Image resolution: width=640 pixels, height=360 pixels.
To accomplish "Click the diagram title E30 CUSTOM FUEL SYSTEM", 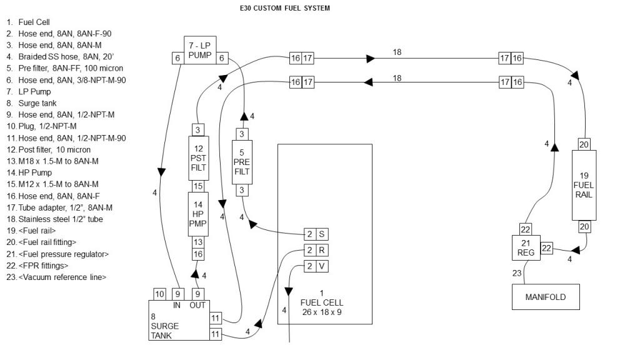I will click(280, 8).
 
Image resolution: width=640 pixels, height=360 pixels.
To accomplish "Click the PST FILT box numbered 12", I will click(197, 159).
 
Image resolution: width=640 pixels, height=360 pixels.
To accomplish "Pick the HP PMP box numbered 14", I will click(197, 214).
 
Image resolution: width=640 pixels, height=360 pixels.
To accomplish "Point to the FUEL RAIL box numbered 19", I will click(584, 185).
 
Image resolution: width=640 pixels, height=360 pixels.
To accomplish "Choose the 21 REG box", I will click(524, 249).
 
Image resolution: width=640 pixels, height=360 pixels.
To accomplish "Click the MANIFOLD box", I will click(545, 297).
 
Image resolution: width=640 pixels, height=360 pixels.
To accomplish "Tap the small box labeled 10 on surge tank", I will click(160, 294).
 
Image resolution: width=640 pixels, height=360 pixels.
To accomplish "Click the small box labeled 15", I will click(197, 186).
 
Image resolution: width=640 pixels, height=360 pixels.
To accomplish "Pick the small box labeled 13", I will click(197, 242).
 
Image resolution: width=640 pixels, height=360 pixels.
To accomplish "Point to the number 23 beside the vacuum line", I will click(516, 272).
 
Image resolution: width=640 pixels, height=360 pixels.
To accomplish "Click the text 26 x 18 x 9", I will click(322, 311).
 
